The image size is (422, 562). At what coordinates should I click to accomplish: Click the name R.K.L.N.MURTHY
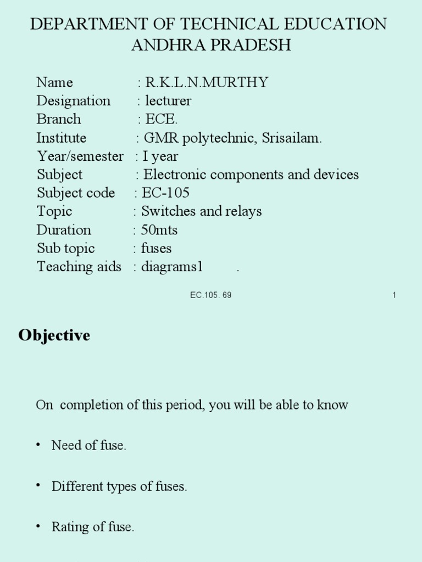pyautogui.click(x=207, y=82)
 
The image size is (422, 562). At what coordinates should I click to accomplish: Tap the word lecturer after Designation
pyautogui.click(x=168, y=101)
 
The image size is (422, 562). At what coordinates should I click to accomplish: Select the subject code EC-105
pyautogui.click(x=165, y=193)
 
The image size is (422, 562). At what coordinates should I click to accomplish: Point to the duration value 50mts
pyautogui.click(x=159, y=229)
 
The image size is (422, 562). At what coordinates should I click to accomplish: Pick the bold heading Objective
pyautogui.click(x=54, y=335)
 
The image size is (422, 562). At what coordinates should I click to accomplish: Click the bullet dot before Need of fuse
pyautogui.click(x=38, y=445)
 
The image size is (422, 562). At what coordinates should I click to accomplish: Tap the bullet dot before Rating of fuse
pyautogui.click(x=38, y=526)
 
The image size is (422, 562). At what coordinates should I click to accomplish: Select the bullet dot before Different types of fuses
pyautogui.click(x=38, y=486)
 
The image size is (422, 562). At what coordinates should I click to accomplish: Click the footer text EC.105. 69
pyautogui.click(x=211, y=295)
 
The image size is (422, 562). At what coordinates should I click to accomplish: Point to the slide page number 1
pyautogui.click(x=395, y=295)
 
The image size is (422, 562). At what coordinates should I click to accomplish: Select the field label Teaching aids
pyautogui.click(x=79, y=267)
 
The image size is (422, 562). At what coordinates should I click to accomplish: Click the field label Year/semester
pyautogui.click(x=80, y=156)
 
